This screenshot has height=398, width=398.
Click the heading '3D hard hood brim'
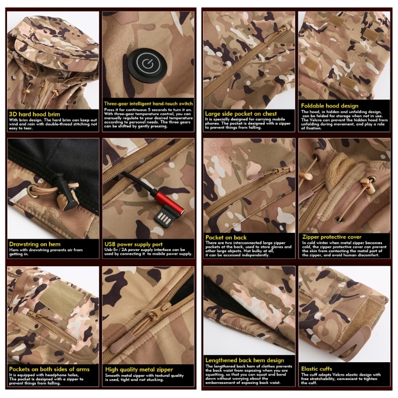pos(34,114)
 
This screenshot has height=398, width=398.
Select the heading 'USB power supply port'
pos(133,244)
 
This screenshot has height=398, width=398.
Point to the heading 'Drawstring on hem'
pos(35,244)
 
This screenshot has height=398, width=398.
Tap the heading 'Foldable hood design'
pos(330,106)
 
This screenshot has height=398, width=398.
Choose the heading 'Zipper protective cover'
pos(332,237)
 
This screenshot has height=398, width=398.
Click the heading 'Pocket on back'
pos(226,238)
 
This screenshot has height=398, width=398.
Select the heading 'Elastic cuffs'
pos(316,369)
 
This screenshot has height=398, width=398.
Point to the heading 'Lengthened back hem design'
pos(245,360)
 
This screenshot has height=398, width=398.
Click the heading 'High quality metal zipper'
pos(139,370)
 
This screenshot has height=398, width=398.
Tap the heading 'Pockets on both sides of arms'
pos(49,369)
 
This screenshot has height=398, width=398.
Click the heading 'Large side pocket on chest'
pos(241,114)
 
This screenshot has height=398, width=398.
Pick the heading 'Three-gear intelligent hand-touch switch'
pos(148,103)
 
